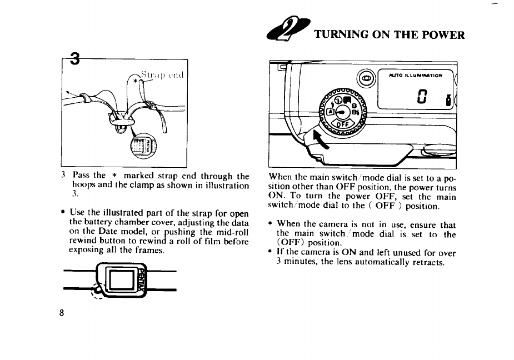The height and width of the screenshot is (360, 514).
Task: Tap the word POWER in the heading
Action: (x=445, y=36)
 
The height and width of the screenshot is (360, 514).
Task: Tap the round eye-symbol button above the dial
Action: (x=365, y=78)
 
